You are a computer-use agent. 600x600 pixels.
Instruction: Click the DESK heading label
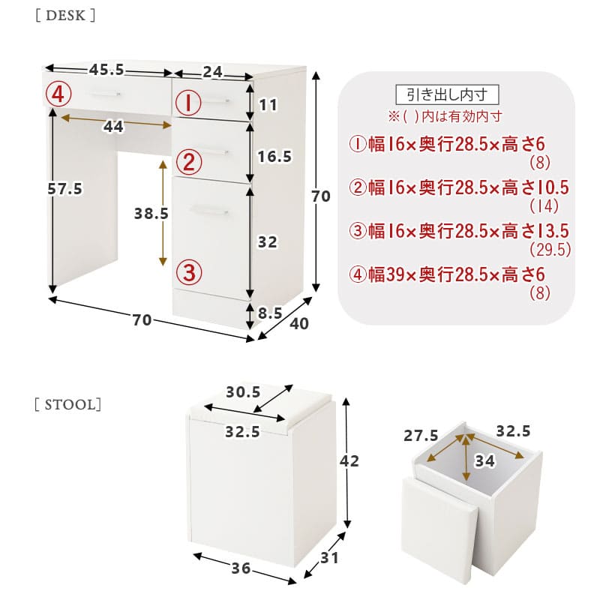point(65,16)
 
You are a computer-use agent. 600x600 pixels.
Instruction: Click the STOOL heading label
point(67,404)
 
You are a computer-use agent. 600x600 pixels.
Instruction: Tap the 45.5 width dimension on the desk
point(106,70)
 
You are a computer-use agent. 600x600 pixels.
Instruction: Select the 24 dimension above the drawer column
point(212,72)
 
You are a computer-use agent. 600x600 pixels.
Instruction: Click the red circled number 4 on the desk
point(58,94)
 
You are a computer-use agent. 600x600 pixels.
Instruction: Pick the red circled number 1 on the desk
point(188,103)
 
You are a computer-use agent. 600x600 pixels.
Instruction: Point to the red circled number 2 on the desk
point(189,162)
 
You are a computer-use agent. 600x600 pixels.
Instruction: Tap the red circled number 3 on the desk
point(189,272)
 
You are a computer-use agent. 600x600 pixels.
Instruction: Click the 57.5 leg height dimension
point(65,189)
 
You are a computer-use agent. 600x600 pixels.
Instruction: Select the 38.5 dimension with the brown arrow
point(151,214)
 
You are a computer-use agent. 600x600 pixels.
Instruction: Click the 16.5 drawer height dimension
point(274,156)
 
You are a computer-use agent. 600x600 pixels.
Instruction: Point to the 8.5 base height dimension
point(270,313)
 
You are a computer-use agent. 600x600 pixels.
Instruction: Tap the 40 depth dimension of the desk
point(299,324)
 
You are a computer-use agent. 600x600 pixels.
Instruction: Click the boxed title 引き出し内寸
point(447,94)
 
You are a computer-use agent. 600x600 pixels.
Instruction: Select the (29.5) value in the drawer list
point(550,250)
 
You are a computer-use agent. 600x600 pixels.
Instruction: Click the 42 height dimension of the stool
point(349,461)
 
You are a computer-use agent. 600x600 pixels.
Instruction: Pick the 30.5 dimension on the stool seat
point(243,391)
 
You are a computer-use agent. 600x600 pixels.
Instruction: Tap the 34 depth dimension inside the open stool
point(484,461)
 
